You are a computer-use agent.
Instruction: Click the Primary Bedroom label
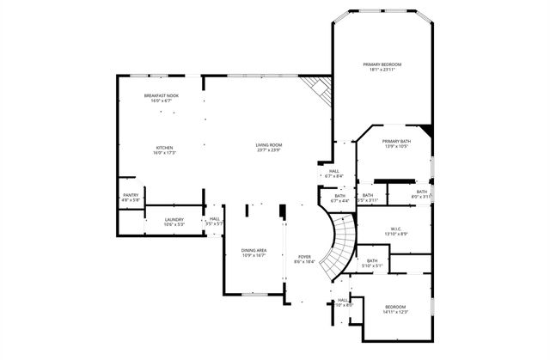[382, 64]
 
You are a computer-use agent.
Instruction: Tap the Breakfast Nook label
[161, 95]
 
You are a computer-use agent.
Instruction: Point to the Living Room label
[268, 144]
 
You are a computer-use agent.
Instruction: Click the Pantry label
[131, 195]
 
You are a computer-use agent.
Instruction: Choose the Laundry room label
[174, 219]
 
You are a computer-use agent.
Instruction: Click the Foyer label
[304, 256]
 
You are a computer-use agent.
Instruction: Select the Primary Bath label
[396, 141]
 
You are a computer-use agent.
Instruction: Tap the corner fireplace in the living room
[316, 87]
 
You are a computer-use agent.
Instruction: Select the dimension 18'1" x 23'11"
[382, 70]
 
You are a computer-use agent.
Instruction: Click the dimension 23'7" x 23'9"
[268, 150]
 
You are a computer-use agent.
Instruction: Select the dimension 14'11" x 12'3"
[394, 313]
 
